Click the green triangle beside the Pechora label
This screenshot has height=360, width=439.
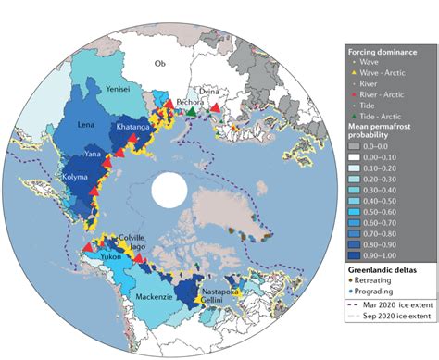point(191,111)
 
